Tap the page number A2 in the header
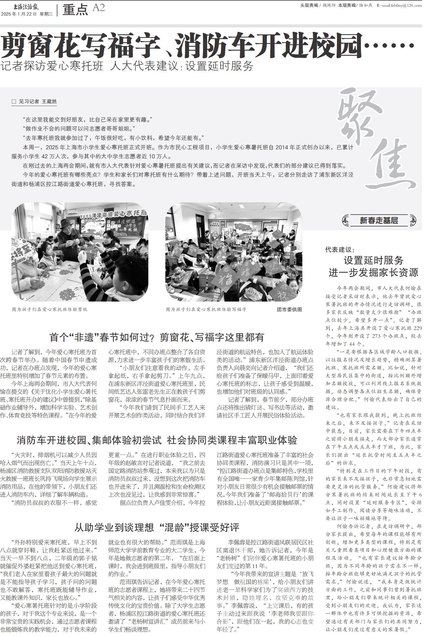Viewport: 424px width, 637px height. point(99,8)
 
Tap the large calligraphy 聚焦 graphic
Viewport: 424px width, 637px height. point(376,139)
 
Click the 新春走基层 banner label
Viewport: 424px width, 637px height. point(379,221)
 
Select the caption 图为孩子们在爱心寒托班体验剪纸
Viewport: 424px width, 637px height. point(50,309)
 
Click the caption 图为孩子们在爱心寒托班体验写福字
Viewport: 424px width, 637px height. point(206,309)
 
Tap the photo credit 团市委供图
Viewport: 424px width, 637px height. point(289,310)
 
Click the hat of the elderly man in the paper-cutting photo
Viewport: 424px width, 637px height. point(66,223)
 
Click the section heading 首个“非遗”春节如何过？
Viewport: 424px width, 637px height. point(102,337)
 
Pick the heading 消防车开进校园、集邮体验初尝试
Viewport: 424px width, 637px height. point(89,440)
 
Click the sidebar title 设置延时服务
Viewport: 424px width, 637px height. point(373,260)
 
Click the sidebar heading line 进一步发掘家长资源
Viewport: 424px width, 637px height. point(373,273)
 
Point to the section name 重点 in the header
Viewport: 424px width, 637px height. point(75,10)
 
